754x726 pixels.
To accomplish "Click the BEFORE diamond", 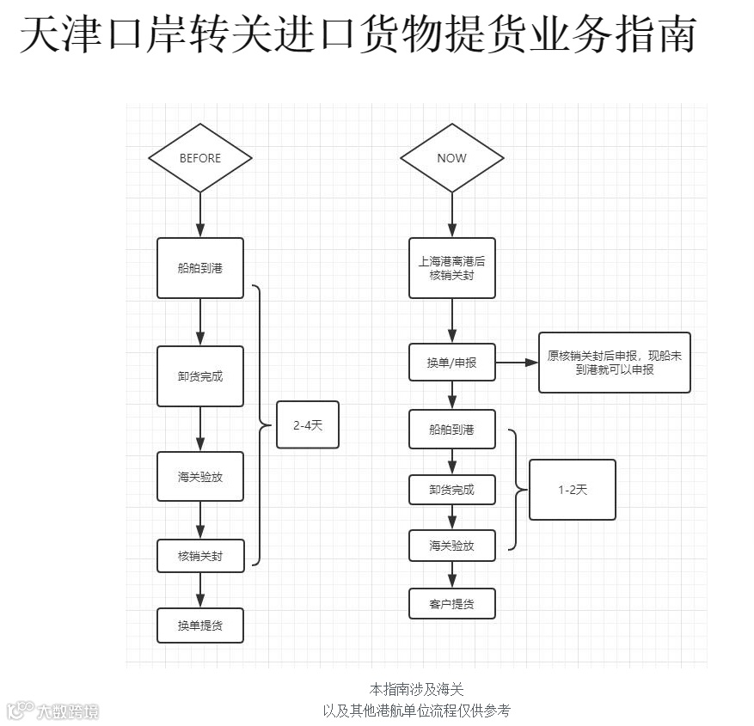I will (x=200, y=158).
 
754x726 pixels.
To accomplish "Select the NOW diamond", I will (x=451, y=158).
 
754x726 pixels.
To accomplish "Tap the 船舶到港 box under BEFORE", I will (x=200, y=268).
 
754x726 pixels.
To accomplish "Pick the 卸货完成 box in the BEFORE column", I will (x=200, y=376).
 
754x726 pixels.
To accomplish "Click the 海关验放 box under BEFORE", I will (x=200, y=477).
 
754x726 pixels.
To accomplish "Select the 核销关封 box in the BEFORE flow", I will (x=200, y=556).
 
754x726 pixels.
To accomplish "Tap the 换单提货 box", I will (x=200, y=625).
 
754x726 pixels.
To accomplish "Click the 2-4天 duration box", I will (x=308, y=424).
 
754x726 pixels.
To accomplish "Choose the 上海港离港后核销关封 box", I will (x=451, y=268).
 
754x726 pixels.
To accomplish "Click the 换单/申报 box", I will (x=451, y=363).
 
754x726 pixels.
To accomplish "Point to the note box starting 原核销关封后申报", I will (x=615, y=363).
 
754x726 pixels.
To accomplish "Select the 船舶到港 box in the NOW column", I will (x=451, y=429).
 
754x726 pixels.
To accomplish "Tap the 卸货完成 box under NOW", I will (x=451, y=490).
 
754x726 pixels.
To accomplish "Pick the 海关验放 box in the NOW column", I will (x=451, y=546).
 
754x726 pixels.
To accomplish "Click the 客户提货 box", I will (x=451, y=603).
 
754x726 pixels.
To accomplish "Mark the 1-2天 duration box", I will (x=573, y=490).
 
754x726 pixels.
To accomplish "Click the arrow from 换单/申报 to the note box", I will (x=517, y=363).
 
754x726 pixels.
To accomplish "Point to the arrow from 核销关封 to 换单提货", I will (x=200, y=590).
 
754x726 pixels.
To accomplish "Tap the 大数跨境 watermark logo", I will (x=53, y=711).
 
